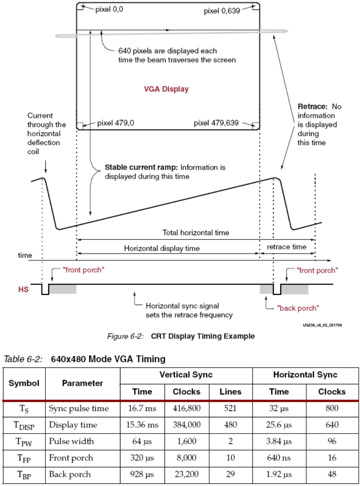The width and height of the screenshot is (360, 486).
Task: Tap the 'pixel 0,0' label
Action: coord(109,9)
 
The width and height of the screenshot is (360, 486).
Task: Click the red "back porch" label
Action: coord(298,308)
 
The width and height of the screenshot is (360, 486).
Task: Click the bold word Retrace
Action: coord(310,107)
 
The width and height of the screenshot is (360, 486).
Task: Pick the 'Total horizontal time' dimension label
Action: coord(195,232)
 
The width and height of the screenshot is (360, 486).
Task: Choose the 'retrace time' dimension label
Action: coord(287,247)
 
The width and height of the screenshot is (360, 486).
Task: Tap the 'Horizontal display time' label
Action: coord(162,248)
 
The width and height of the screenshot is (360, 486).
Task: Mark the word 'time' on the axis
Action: coord(25,254)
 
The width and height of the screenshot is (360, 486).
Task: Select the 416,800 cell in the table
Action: coord(186,408)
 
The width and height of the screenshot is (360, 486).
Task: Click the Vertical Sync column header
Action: coord(186,375)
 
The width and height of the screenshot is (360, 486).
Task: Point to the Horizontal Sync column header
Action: coord(305,375)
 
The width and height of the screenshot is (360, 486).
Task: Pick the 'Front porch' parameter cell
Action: coord(71,458)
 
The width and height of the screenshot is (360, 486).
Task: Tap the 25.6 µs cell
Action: coord(279,425)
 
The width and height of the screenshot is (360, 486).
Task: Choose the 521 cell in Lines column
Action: coord(230,408)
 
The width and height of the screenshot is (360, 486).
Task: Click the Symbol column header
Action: coord(24,383)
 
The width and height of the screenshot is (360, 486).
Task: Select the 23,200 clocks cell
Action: coord(186,474)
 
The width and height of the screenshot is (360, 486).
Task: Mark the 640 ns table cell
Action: coord(279,458)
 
